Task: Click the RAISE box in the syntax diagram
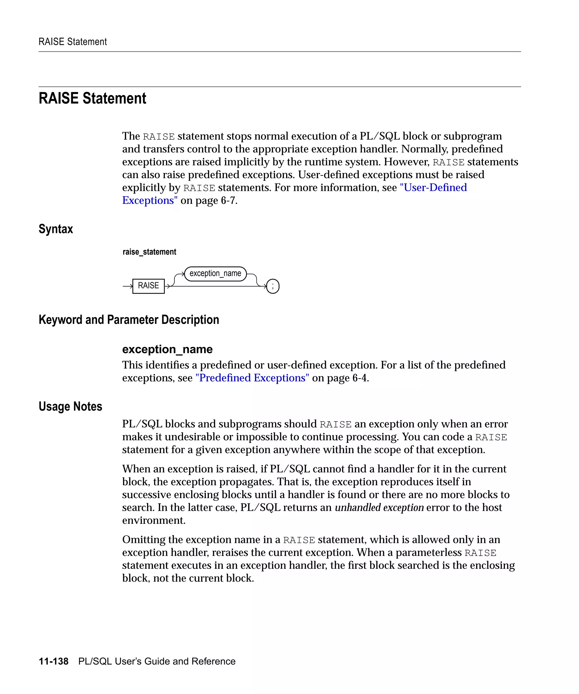click(148, 286)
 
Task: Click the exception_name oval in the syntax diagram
click(215, 274)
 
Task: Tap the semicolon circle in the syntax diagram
click(273, 286)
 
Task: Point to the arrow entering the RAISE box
click(128, 286)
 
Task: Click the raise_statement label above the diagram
click(149, 252)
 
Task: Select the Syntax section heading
click(56, 229)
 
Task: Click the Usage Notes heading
click(70, 407)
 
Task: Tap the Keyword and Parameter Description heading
click(129, 320)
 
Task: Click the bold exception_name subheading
click(167, 349)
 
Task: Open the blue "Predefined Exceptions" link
click(252, 378)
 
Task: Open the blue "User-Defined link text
click(433, 188)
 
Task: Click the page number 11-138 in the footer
click(54, 661)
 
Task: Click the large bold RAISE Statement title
click(92, 99)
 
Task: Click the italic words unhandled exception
click(379, 507)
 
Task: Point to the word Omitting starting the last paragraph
click(144, 540)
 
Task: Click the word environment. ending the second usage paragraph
click(154, 520)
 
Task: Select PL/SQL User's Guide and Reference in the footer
click(157, 661)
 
